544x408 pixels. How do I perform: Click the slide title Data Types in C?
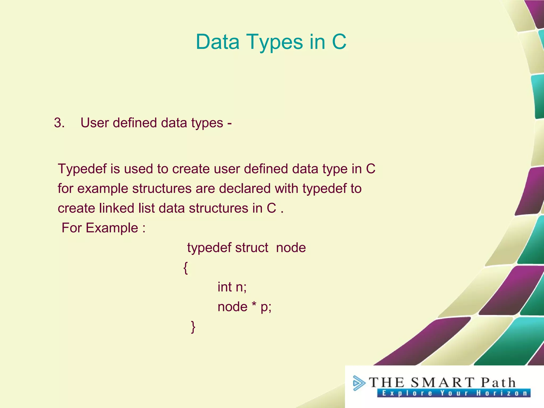click(271, 42)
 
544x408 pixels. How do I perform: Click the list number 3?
click(59, 123)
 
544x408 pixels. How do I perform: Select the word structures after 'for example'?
click(162, 189)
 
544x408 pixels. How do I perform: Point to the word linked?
click(116, 208)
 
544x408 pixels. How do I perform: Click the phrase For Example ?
click(104, 228)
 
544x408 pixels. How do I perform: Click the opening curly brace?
click(186, 268)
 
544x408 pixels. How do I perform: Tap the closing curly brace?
click(193, 327)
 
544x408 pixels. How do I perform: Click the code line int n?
click(232, 287)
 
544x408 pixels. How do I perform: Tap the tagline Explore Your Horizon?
click(454, 393)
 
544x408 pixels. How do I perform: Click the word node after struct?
click(291, 248)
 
